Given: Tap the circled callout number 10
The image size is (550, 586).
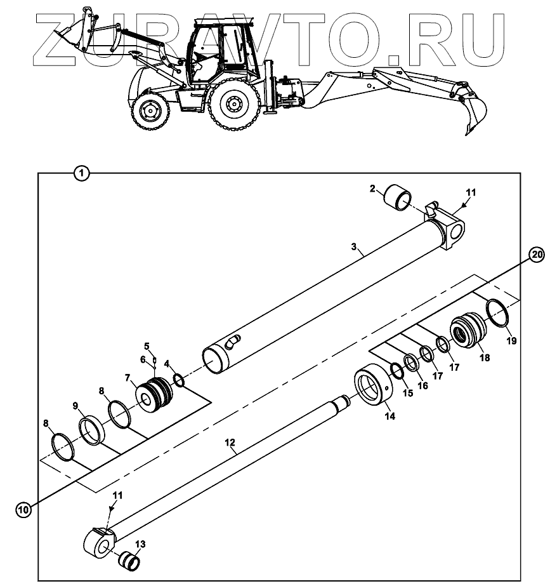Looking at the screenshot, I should point(23,509).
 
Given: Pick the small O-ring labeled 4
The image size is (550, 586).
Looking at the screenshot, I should point(179,380).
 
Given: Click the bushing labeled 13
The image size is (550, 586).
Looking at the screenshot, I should point(130,561).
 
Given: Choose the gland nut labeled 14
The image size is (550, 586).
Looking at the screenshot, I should point(372,389).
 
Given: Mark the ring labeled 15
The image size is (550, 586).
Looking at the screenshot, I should point(396,370).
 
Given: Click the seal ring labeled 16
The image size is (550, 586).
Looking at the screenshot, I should point(411,363).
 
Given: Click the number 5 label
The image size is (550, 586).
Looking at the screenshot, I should point(146,347).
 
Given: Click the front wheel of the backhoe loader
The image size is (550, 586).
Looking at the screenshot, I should point(150,112).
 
